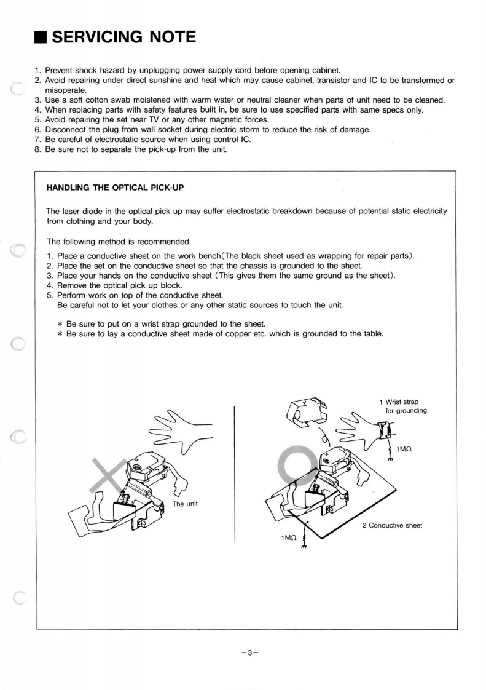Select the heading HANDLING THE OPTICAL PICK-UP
[x=116, y=187]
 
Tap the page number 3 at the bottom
[x=250, y=653]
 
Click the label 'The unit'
[x=186, y=504]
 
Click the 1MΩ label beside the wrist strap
[x=404, y=450]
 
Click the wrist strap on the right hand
[x=383, y=430]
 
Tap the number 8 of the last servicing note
[x=37, y=149]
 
